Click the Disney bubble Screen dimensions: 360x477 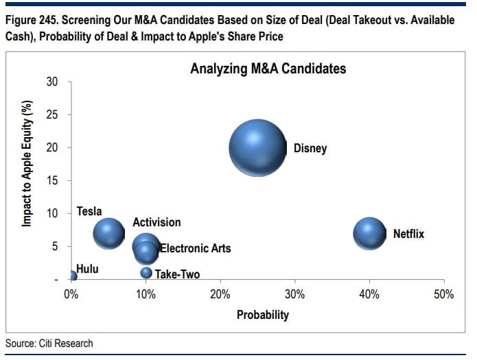(257, 148)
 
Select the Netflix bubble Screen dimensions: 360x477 (370, 234)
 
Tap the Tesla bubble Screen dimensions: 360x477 (108, 233)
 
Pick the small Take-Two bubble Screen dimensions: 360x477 (146, 273)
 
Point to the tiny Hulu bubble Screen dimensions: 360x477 (72, 276)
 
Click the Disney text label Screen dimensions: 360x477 (310, 148)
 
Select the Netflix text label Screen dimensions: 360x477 (408, 234)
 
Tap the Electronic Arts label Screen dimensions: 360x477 (195, 248)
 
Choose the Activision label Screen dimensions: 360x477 (156, 222)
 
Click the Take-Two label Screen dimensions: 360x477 (177, 274)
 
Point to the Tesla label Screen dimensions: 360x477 (89, 211)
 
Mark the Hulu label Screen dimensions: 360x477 (87, 269)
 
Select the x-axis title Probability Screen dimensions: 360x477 (263, 315)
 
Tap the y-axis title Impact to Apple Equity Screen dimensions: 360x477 (27, 174)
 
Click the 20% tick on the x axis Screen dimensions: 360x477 (220, 294)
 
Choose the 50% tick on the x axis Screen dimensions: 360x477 (444, 294)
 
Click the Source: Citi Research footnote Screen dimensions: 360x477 (49, 343)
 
